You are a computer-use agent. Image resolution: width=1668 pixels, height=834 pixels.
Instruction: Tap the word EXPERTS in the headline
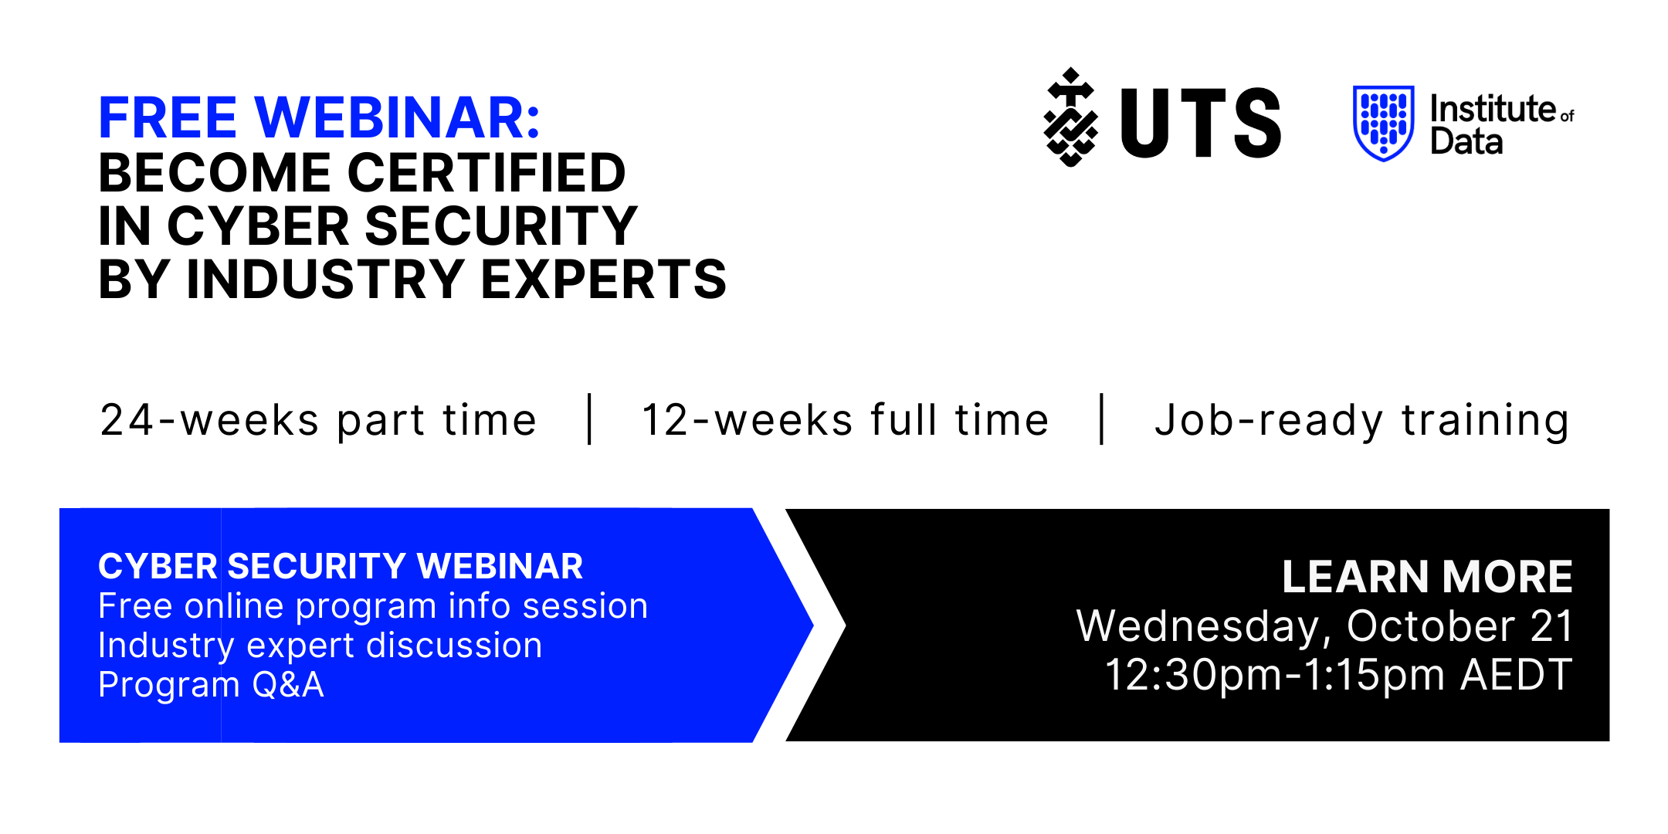[604, 279]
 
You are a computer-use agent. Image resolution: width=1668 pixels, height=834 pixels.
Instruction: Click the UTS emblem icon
[1070, 117]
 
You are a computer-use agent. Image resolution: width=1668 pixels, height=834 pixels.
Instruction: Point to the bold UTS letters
[1201, 123]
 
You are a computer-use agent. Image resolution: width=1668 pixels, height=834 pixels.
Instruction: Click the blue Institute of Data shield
[1384, 124]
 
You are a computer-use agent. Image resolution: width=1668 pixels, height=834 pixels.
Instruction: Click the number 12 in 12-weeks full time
[666, 420]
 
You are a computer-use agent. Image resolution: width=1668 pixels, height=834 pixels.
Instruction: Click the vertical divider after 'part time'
[590, 419]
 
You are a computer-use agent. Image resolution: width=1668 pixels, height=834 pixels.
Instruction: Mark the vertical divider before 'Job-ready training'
[1102, 419]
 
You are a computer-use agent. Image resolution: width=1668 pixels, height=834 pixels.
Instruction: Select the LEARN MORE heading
[1427, 576]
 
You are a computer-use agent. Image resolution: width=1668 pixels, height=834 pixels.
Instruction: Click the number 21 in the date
[1551, 625]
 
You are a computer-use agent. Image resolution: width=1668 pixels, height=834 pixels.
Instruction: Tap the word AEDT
[1517, 675]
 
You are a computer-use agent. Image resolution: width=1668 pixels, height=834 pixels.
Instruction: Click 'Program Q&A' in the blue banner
[211, 685]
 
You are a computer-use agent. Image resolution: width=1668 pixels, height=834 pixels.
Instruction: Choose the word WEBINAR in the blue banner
[500, 566]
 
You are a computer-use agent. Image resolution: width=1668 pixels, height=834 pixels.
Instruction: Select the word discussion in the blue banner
[454, 646]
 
